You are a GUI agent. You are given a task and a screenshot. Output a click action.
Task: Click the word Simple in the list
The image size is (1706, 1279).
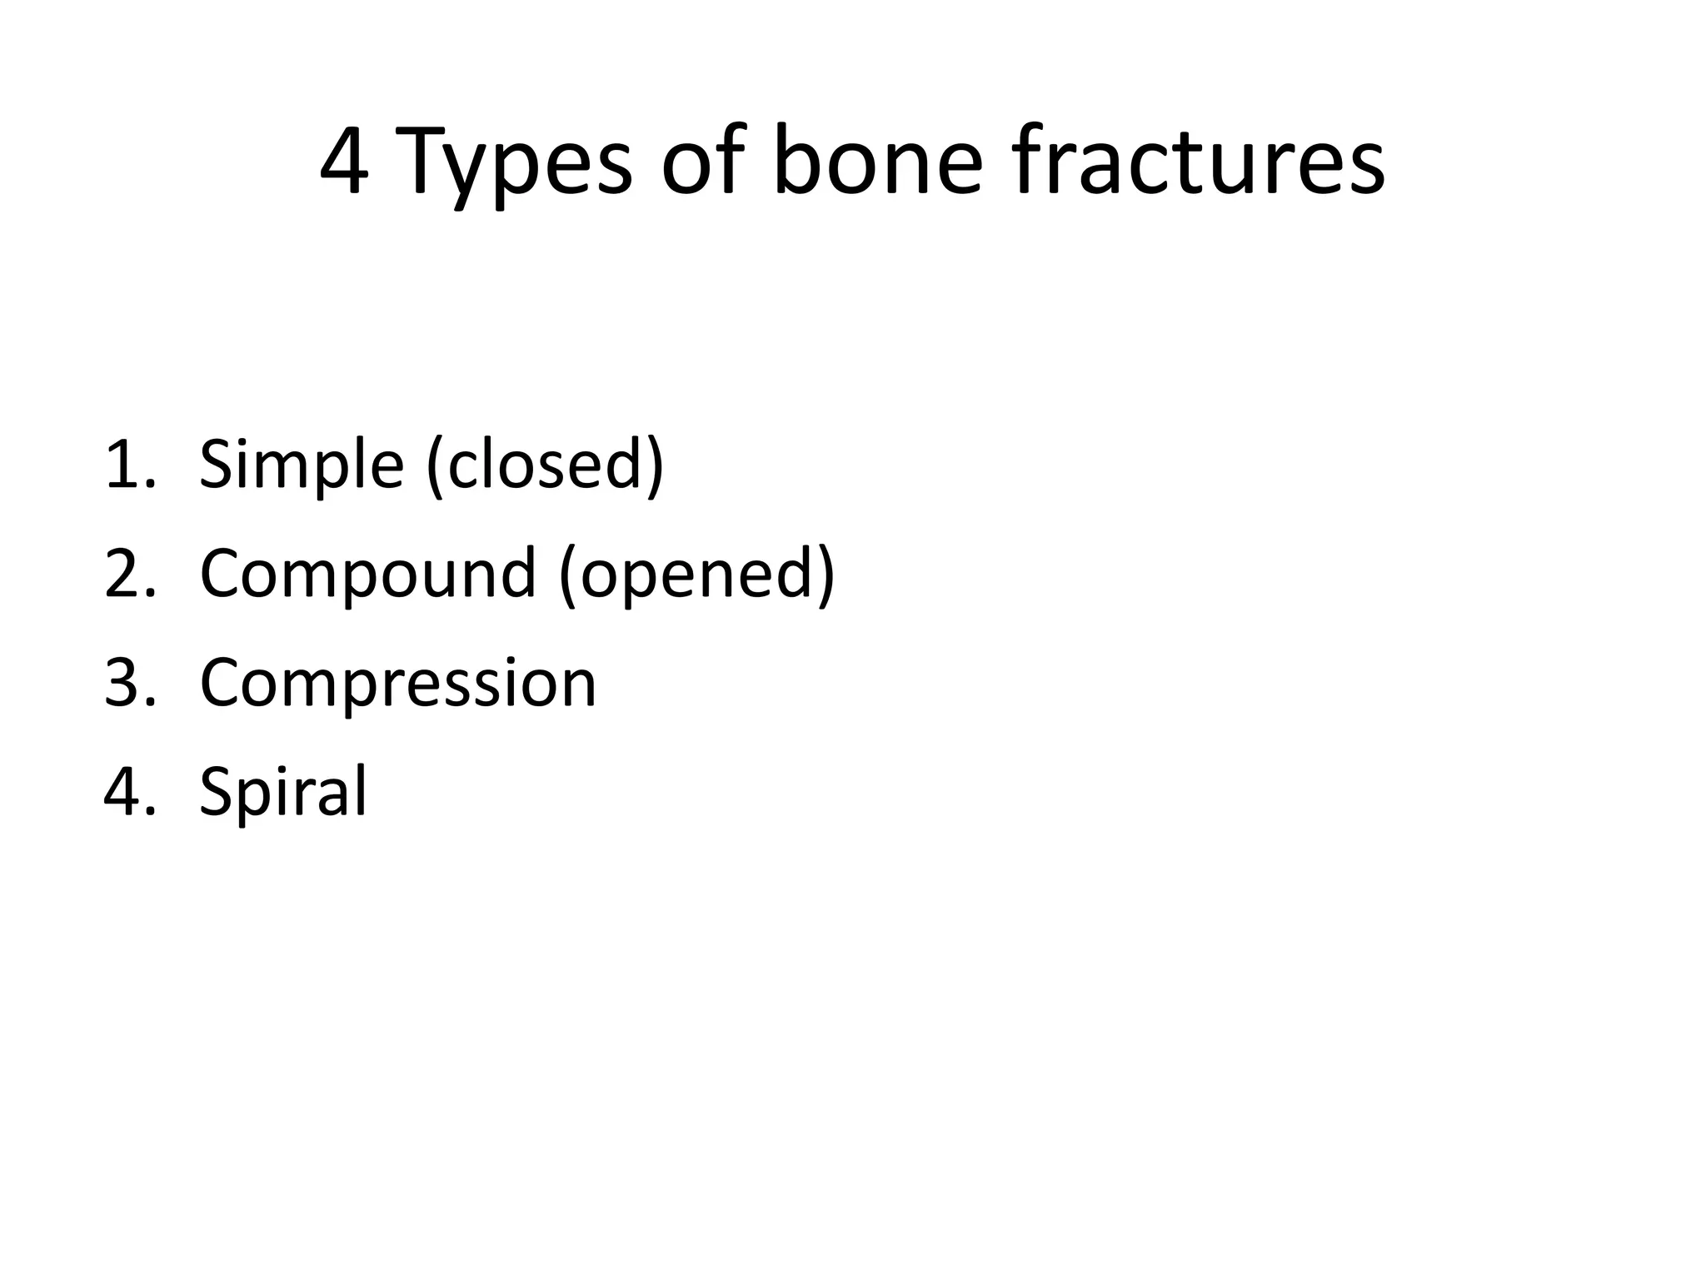click(302, 465)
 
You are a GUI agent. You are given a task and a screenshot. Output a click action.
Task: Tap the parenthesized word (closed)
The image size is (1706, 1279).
click(545, 465)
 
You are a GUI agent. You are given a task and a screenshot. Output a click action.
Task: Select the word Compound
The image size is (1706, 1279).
click(367, 574)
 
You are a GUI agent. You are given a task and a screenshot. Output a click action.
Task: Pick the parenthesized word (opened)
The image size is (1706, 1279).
click(696, 574)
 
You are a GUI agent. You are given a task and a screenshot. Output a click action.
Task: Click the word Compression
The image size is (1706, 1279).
click(398, 683)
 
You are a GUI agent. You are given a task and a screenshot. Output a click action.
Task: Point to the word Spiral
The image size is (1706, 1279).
click(283, 792)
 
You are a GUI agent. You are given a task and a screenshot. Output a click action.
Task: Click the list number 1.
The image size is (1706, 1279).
click(128, 465)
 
